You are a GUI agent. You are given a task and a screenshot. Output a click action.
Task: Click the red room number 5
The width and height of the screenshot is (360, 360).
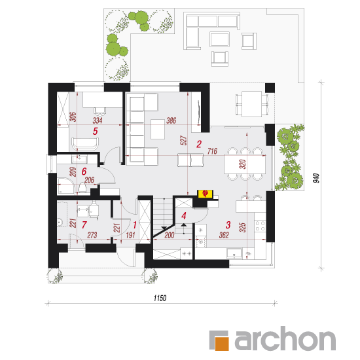(x=96, y=131)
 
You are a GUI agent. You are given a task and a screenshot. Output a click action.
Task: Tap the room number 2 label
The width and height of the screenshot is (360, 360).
(x=199, y=144)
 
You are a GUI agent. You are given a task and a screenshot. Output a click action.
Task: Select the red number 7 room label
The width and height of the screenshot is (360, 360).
(x=84, y=225)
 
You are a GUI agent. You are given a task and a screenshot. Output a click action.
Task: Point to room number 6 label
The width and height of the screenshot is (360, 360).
(x=84, y=171)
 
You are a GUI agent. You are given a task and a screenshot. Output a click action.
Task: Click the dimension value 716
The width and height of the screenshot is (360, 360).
(x=212, y=151)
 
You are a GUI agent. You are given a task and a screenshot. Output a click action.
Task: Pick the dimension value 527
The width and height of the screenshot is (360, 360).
(x=184, y=140)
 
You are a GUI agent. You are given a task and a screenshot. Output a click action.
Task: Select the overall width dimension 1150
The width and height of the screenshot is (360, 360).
(x=160, y=298)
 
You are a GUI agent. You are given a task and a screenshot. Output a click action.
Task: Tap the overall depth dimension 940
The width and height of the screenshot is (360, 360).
(x=316, y=179)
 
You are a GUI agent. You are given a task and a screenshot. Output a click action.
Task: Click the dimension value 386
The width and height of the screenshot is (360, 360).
(x=171, y=120)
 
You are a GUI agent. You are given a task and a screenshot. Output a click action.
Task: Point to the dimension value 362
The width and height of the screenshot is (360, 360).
(x=224, y=235)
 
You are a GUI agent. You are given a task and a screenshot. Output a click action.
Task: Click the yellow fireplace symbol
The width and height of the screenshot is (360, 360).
(x=206, y=194)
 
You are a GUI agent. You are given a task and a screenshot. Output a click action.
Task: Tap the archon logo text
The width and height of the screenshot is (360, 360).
(x=285, y=338)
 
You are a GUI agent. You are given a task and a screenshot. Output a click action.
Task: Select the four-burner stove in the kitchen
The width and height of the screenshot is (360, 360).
(x=260, y=225)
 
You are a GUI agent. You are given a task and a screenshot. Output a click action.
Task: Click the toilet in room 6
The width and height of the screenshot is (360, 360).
(x=82, y=187)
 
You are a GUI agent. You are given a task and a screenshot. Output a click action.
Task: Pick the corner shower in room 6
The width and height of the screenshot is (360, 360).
(x=66, y=186)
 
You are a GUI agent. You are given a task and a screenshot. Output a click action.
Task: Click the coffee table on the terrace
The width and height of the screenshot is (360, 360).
(x=219, y=39)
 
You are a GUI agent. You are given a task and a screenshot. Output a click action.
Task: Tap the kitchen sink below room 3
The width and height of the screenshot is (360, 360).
(x=234, y=254)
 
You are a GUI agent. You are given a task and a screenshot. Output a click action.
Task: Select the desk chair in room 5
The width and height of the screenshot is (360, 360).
(x=100, y=111)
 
